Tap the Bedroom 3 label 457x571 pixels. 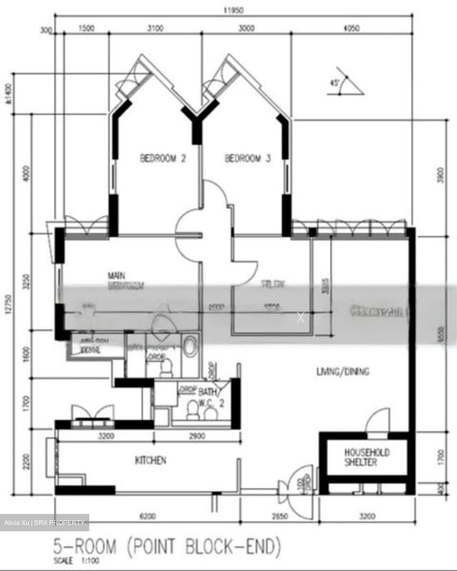point(248,159)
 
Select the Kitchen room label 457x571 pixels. point(150,460)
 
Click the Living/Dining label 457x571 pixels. point(343,372)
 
